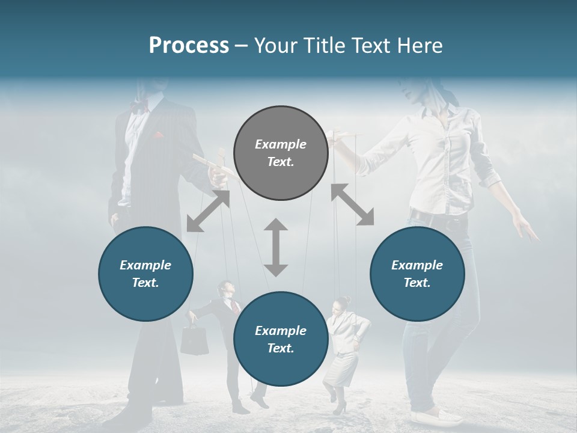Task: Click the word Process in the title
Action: pyautogui.click(x=189, y=46)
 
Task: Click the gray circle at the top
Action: pyautogui.click(x=281, y=153)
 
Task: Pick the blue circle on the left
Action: pyautogui.click(x=145, y=274)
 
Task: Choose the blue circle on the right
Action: pyautogui.click(x=417, y=274)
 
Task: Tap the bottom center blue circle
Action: pyautogui.click(x=281, y=339)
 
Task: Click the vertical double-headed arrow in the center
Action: pyautogui.click(x=276, y=247)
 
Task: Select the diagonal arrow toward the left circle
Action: pyautogui.click(x=208, y=211)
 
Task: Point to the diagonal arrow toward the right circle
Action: pyautogui.click(x=352, y=204)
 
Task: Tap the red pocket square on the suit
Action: pyautogui.click(x=158, y=135)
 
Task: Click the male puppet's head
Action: pyautogui.click(x=224, y=290)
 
